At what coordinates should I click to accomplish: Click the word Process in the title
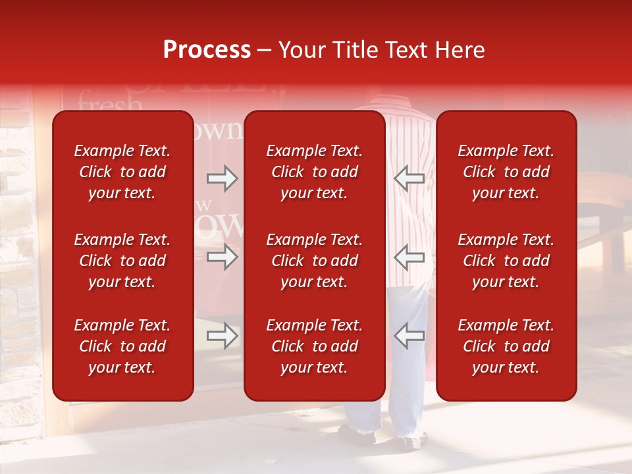(x=207, y=50)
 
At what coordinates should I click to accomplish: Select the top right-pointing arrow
(x=223, y=178)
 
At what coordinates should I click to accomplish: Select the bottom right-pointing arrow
(x=223, y=336)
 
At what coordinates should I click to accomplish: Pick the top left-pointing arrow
(x=409, y=178)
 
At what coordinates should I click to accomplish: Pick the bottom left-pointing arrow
(x=409, y=336)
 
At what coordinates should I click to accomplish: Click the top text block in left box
(x=122, y=172)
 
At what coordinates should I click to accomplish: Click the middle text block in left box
(x=122, y=261)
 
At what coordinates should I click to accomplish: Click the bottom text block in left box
(x=122, y=346)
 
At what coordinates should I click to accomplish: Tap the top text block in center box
(x=314, y=172)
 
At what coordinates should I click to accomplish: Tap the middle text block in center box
(x=314, y=261)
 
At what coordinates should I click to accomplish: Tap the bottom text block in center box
(x=314, y=346)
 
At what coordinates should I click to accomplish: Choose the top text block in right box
(x=506, y=172)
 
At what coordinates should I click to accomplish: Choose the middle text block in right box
(x=506, y=261)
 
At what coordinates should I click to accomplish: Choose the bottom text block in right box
(x=506, y=346)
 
